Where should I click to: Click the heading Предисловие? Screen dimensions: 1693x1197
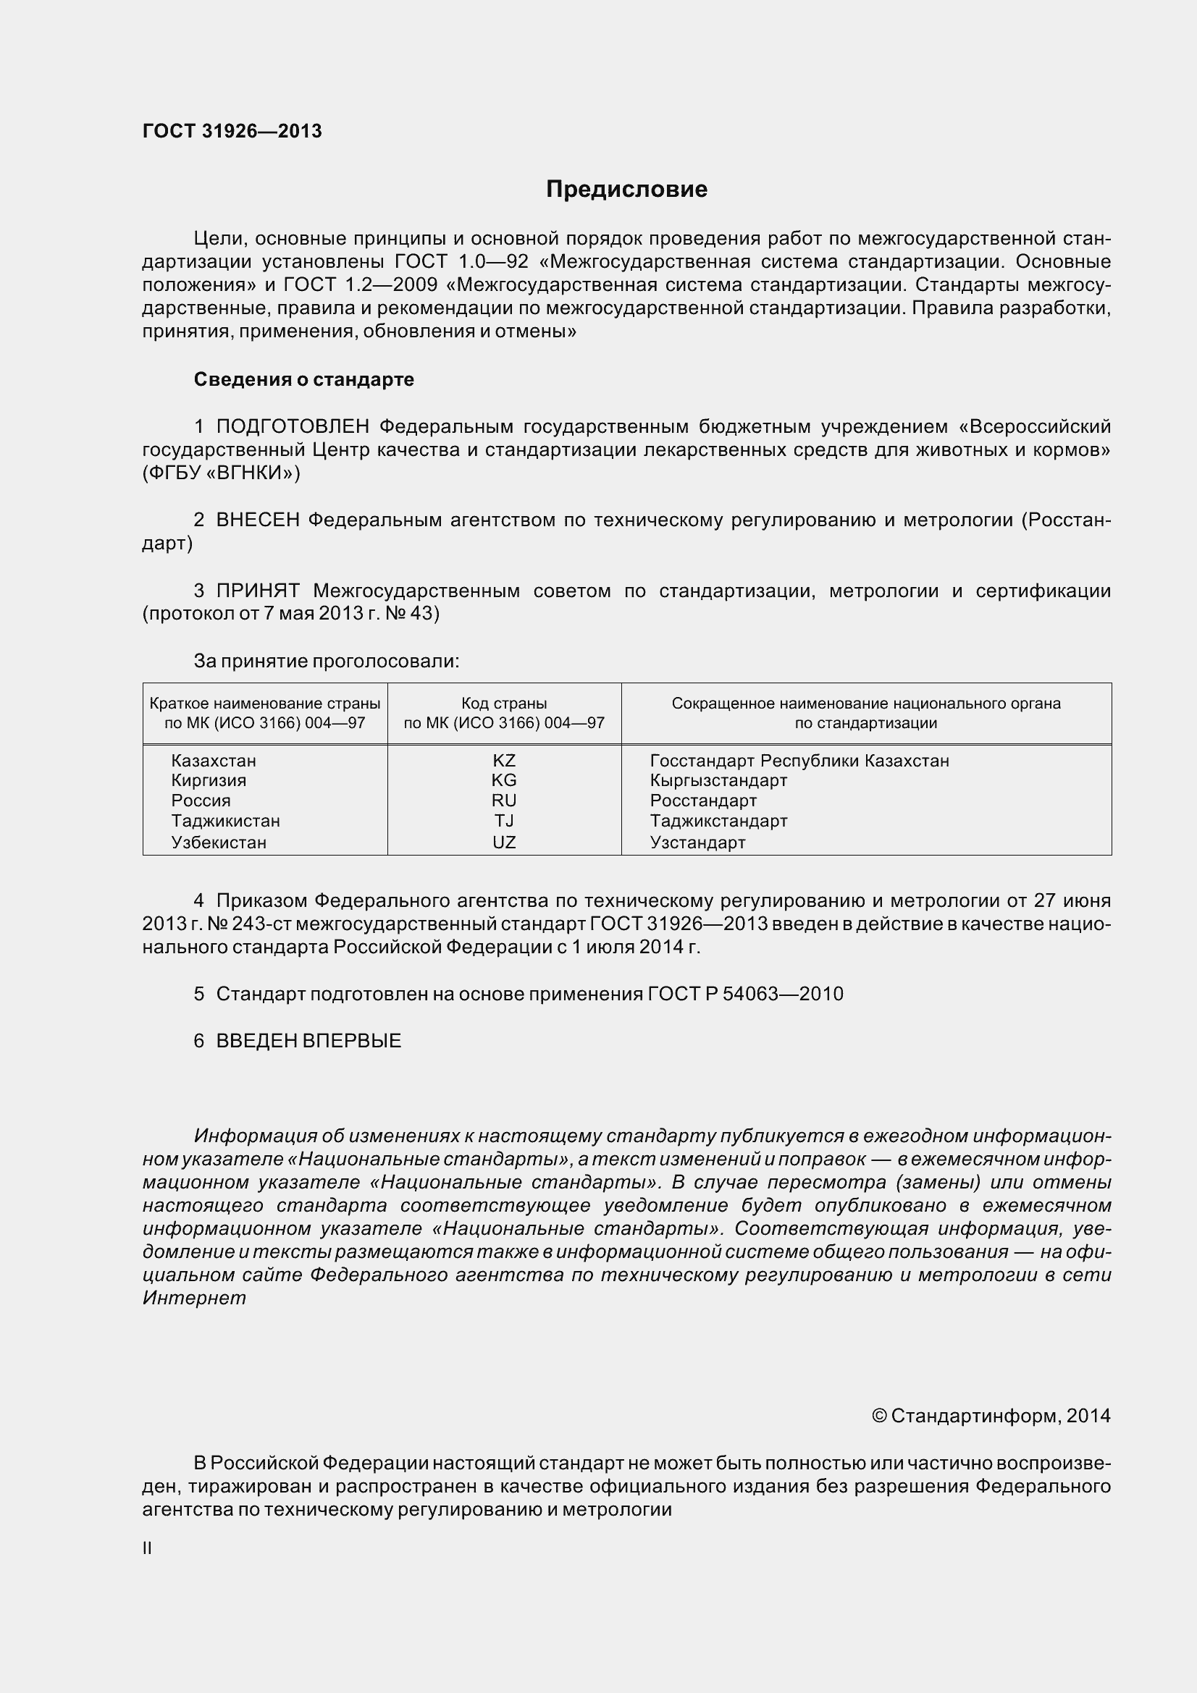point(626,190)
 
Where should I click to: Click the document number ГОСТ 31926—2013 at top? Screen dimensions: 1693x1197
point(232,131)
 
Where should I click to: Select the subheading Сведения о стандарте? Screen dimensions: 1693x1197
point(304,379)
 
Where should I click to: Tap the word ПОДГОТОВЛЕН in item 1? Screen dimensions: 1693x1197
point(293,426)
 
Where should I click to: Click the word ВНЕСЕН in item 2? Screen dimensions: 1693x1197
point(257,520)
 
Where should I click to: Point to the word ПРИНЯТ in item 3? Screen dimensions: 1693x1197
point(257,590)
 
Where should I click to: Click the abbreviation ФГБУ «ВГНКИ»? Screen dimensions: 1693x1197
point(222,473)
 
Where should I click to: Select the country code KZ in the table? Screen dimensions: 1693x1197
point(504,760)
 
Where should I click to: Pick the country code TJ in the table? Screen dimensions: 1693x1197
point(504,821)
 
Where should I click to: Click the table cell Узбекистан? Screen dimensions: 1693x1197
point(218,842)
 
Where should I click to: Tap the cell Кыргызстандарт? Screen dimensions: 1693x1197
point(718,780)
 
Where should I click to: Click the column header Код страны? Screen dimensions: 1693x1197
point(504,704)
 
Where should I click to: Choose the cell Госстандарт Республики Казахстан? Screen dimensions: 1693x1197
point(799,760)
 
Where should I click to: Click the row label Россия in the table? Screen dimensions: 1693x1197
point(201,801)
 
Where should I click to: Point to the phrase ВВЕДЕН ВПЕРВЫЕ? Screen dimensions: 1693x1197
point(308,1040)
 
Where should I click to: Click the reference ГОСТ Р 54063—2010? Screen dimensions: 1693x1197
point(745,994)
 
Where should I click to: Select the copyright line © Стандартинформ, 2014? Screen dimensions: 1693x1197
point(991,1416)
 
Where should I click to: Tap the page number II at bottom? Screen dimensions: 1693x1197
point(147,1548)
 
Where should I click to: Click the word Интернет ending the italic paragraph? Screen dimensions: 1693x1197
point(194,1298)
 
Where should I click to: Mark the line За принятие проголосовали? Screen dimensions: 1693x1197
point(326,661)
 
